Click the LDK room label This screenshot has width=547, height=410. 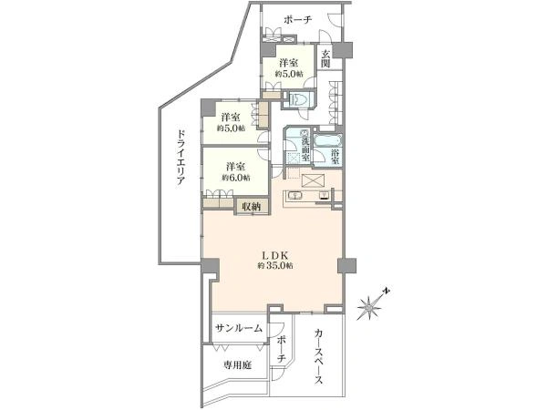[276, 255]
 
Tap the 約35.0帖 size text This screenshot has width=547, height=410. [275, 266]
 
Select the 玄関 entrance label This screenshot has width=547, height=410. [325, 58]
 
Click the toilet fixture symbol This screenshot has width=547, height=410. [298, 99]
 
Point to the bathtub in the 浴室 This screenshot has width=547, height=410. [327, 140]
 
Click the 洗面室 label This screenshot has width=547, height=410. [305, 149]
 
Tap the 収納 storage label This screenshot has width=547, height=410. [252, 207]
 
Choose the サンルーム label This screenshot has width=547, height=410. [239, 328]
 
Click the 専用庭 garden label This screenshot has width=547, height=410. [237, 365]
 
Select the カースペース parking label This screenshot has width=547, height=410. [318, 356]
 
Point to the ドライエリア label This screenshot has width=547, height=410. [181, 159]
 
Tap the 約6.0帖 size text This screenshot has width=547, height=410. [236, 178]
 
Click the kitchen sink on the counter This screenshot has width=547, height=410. [294, 195]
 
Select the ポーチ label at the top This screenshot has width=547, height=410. [297, 19]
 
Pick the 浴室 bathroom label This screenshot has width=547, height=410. [335, 157]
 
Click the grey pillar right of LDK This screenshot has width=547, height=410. [346, 266]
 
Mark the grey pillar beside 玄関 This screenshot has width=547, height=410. [342, 50]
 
